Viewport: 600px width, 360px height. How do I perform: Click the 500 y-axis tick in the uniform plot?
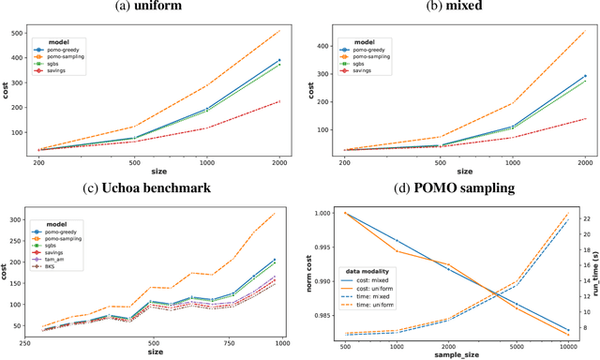pos(17,33)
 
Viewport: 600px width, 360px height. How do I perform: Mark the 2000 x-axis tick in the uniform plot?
pos(278,160)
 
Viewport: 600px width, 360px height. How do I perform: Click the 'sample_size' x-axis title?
pos(453,355)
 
